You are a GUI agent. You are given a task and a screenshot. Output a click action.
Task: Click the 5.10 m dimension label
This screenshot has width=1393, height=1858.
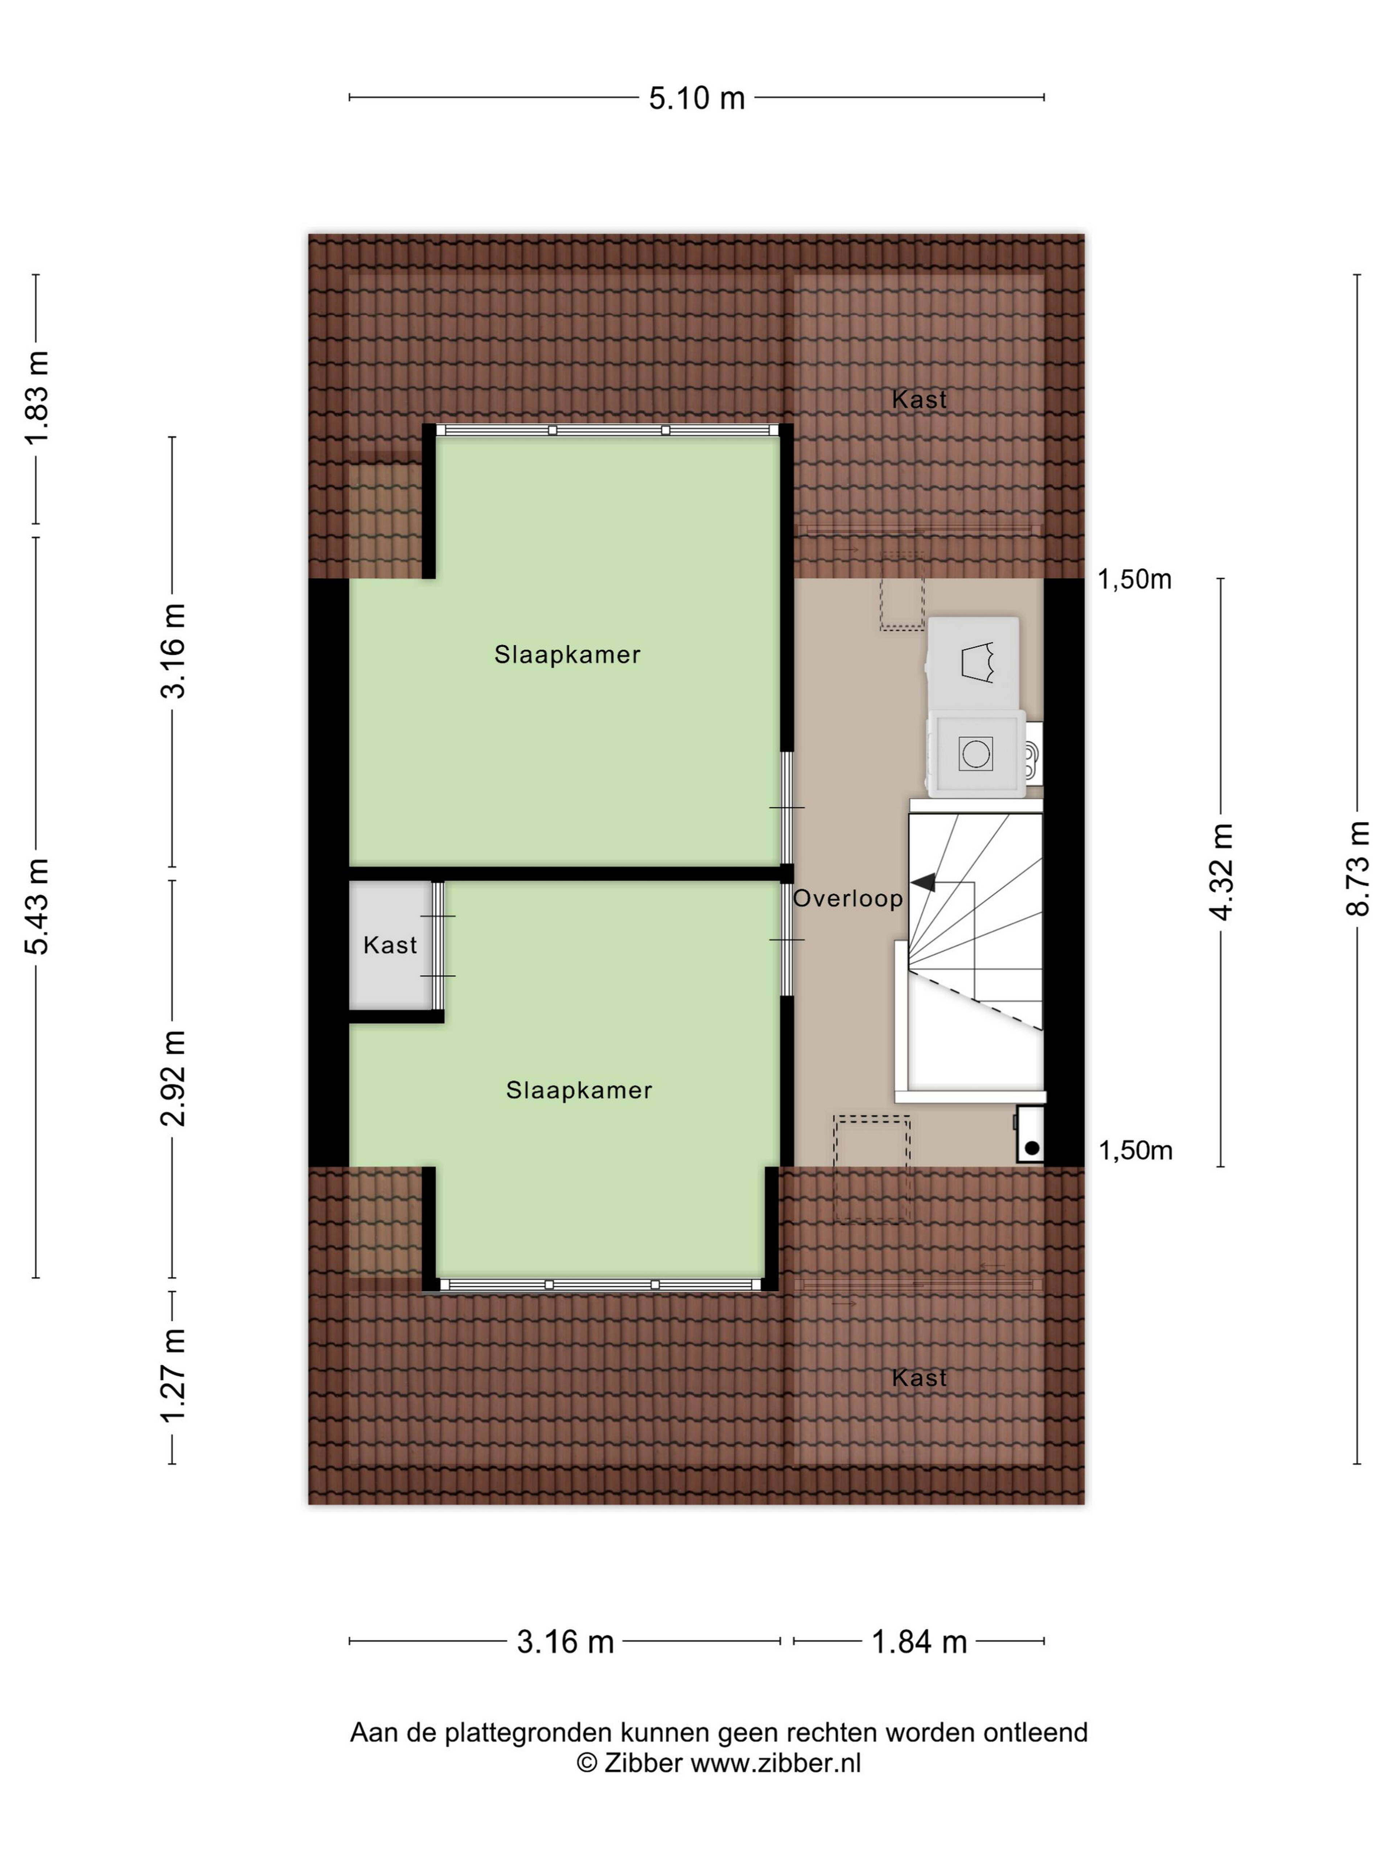(x=696, y=98)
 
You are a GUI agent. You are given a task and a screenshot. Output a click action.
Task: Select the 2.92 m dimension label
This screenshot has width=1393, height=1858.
(x=173, y=1078)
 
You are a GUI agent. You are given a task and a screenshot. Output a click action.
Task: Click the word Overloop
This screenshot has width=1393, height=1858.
(x=848, y=899)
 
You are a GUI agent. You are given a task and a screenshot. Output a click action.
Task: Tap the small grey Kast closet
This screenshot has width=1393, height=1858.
(x=390, y=945)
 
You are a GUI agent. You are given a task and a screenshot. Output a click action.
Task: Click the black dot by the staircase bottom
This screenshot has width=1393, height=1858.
(x=1032, y=1147)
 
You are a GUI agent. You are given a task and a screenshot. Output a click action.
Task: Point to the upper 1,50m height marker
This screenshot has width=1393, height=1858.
(x=1134, y=580)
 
